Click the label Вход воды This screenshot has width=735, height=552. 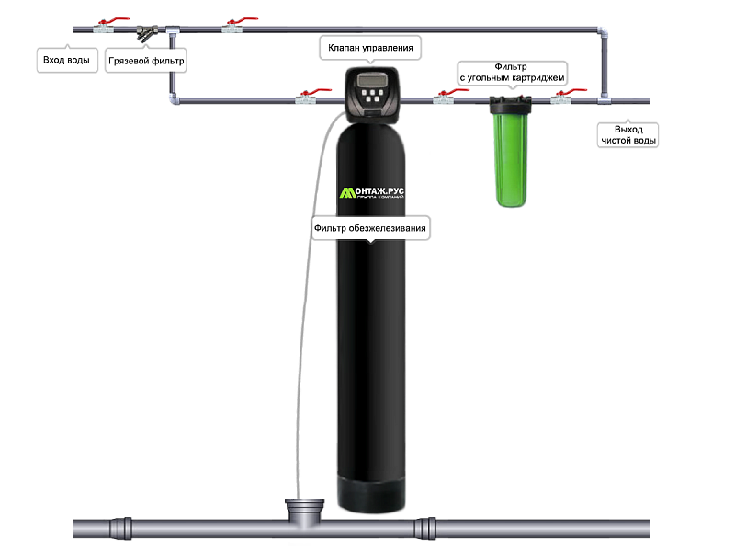pyautogui.click(x=66, y=61)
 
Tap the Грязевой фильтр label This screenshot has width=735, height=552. pyautogui.click(x=145, y=63)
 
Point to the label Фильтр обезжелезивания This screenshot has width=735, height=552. pyautogui.click(x=370, y=228)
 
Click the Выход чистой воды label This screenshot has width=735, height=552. pyautogui.click(x=628, y=134)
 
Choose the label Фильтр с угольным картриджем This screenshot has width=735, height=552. pyautogui.click(x=511, y=73)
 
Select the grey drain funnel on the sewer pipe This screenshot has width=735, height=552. pyautogui.click(x=305, y=511)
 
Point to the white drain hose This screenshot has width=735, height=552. pyautogui.click(x=309, y=276)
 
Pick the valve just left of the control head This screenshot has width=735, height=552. pyautogui.click(x=306, y=98)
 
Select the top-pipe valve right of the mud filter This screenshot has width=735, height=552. pyautogui.click(x=232, y=29)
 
